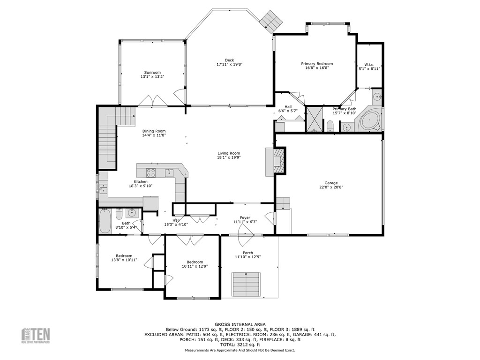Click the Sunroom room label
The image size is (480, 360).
152,73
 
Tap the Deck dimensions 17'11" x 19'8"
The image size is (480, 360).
229,64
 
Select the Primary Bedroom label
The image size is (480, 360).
317,64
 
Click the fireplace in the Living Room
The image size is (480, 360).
278,161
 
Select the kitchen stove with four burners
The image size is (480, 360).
152,172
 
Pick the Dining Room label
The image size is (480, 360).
154,131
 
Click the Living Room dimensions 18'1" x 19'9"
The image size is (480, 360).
229,158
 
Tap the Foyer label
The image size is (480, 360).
245,218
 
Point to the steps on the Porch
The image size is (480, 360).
246,284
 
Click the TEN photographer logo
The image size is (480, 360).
36,336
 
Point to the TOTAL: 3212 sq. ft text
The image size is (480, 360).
240,344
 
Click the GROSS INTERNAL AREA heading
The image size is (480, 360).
240,324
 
